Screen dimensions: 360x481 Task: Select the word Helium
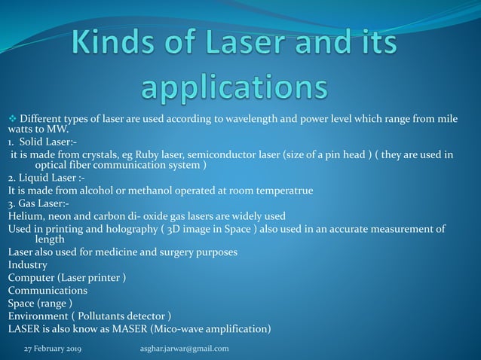25,215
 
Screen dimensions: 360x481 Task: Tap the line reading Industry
28,265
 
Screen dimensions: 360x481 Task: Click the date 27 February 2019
53,349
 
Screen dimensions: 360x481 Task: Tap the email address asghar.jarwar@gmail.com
185,349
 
